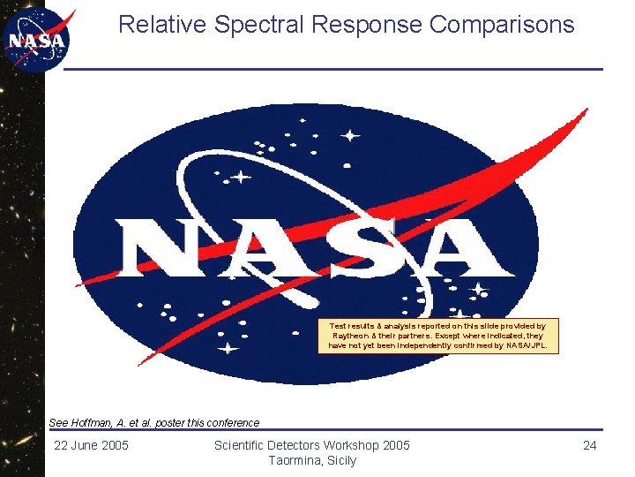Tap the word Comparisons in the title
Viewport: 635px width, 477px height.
coord(502,25)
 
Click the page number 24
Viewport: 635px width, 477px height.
coord(590,445)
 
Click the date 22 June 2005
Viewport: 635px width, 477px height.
coord(91,445)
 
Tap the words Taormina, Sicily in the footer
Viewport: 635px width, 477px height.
coord(312,460)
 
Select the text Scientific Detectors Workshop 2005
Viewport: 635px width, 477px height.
coord(312,445)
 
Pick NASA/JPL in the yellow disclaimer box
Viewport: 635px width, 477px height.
coord(529,345)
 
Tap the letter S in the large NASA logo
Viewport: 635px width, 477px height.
coord(357,248)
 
